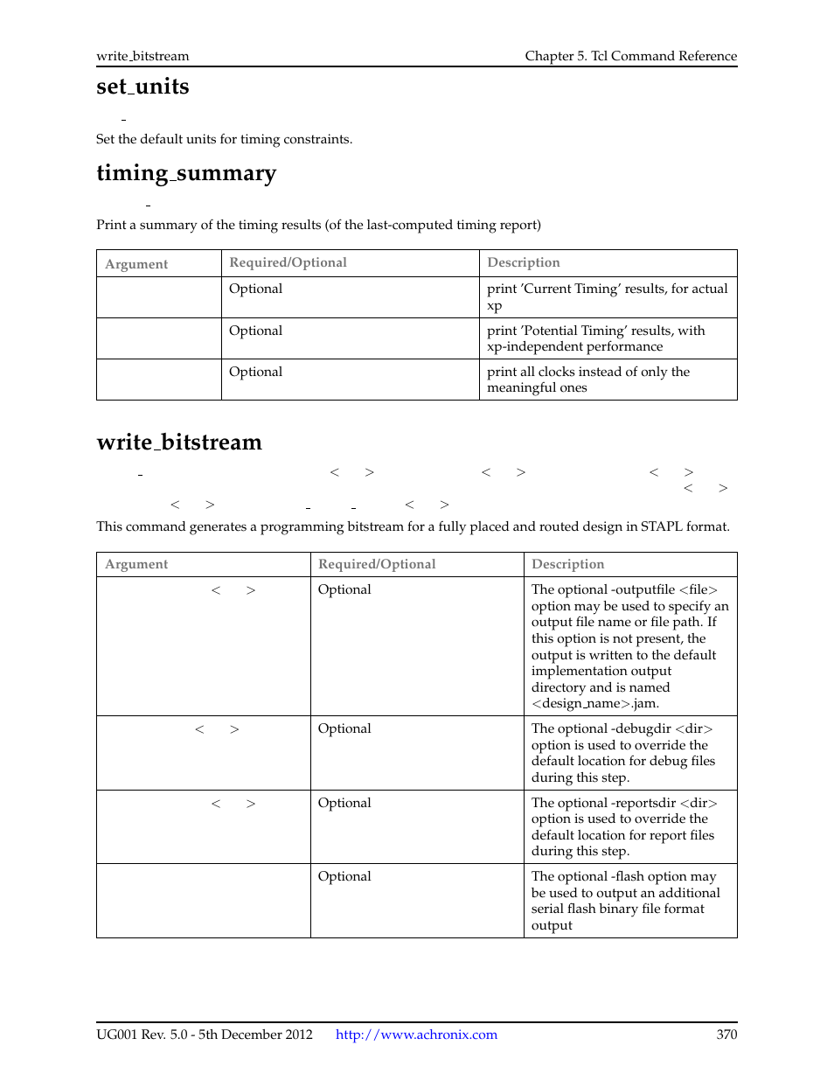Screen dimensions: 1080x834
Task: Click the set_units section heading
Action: pos(142,87)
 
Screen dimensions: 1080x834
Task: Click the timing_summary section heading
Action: pos(185,173)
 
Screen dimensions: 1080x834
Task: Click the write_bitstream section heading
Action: pos(179,442)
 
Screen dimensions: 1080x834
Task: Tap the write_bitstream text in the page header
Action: pos(142,56)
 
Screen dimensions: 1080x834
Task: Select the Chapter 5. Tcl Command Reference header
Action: pos(630,56)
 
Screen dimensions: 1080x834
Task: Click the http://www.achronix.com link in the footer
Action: pos(416,1035)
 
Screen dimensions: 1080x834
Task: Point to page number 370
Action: pos(726,1035)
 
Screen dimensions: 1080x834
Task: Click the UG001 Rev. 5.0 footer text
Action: pos(204,1035)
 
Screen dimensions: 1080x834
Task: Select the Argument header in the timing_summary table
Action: pos(136,264)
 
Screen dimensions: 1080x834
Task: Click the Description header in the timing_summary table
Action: pos(524,262)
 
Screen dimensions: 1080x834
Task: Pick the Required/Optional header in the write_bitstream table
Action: pos(377,564)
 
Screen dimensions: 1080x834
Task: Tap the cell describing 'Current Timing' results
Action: pos(607,296)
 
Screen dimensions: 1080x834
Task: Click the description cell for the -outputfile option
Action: pos(629,646)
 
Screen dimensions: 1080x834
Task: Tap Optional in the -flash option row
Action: pos(344,876)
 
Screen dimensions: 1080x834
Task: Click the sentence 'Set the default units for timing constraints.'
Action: pos(224,139)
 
